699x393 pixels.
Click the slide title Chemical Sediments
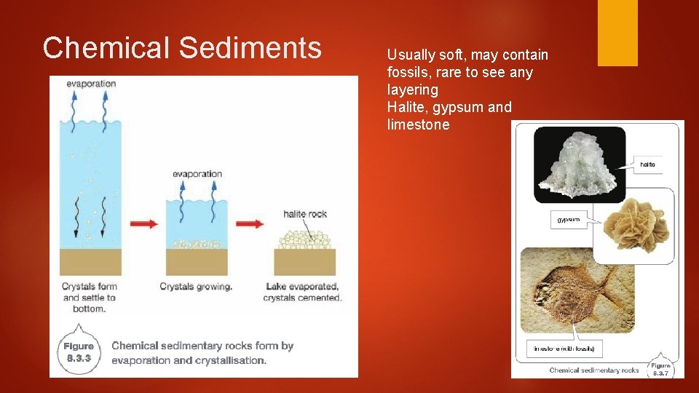pos(181,48)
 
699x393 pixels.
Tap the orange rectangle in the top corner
pos(617,33)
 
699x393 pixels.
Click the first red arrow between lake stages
pos(143,223)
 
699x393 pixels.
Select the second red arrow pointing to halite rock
pos(250,223)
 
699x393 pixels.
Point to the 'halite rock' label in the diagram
pos(305,214)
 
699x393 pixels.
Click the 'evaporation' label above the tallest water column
pos(90,84)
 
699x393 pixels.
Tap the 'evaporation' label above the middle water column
pos(197,174)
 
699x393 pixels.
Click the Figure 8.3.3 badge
pos(79,352)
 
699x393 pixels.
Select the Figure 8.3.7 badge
pos(660,369)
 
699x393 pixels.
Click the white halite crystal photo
pos(580,165)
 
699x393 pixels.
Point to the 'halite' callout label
pos(647,164)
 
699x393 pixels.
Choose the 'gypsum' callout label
pos(568,219)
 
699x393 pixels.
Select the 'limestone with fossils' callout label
pos(564,349)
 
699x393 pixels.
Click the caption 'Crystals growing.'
pos(196,287)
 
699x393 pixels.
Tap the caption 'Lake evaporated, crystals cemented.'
pos(302,292)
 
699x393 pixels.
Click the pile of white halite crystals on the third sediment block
pos(304,238)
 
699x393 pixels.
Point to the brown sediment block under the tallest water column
pos(91,261)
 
